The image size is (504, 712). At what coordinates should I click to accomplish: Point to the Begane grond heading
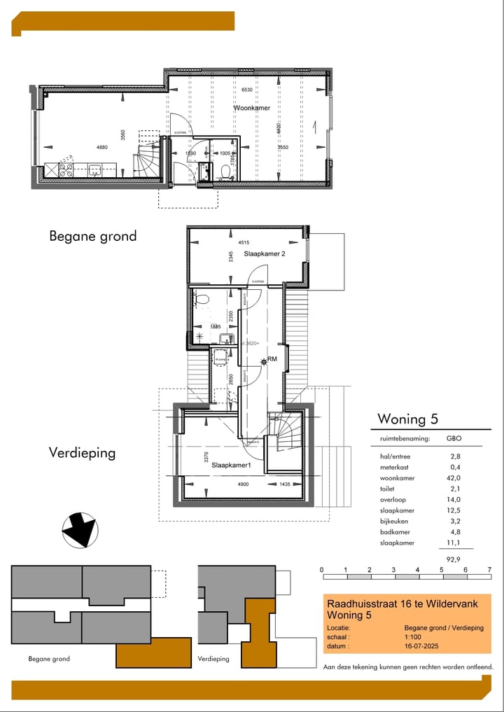click(92, 236)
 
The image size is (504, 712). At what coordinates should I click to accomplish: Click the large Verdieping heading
click(82, 453)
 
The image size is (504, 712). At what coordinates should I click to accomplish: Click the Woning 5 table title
click(407, 419)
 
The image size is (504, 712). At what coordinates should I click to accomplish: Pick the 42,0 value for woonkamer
click(453, 478)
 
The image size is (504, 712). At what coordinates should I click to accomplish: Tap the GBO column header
click(454, 439)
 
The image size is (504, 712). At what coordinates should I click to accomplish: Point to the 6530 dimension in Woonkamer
click(246, 90)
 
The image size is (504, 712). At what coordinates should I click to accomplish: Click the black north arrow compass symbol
click(79, 530)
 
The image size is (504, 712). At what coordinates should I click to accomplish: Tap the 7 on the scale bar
click(489, 570)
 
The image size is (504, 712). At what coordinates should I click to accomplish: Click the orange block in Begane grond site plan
click(154, 652)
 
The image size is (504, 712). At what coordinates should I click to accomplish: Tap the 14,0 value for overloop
click(453, 500)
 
